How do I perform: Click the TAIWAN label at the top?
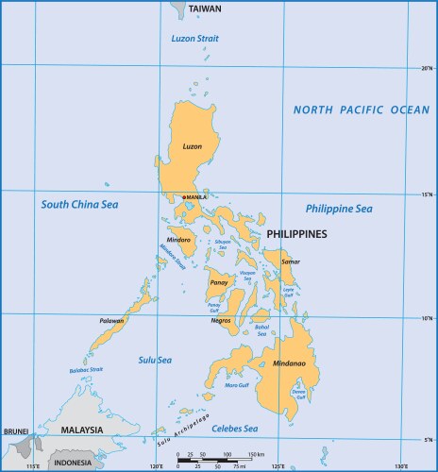click(x=205, y=8)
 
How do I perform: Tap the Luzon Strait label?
click(x=194, y=39)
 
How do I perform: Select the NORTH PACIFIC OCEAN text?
click(x=361, y=110)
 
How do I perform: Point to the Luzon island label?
click(x=192, y=146)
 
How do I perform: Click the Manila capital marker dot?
click(x=182, y=196)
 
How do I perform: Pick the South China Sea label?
click(x=79, y=204)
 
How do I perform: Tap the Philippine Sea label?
click(x=339, y=209)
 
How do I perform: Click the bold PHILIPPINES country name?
click(x=296, y=233)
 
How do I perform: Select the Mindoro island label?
click(x=178, y=240)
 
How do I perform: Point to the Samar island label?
click(x=291, y=261)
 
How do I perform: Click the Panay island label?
click(x=219, y=282)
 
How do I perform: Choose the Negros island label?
click(x=221, y=321)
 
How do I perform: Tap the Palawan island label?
click(x=112, y=321)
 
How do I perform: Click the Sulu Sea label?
click(x=155, y=360)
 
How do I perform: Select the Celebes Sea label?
click(x=234, y=430)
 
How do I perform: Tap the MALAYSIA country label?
click(x=81, y=430)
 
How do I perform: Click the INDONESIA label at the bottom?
click(x=72, y=463)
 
